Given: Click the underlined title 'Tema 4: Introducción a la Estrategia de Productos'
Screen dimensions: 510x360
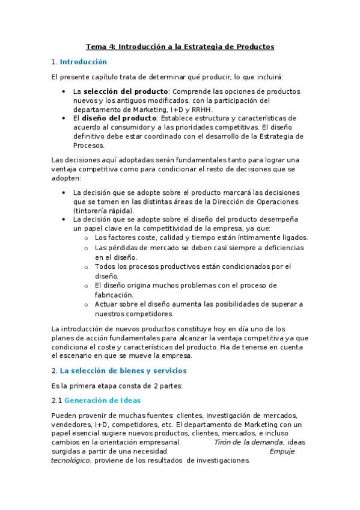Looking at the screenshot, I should pos(180,46).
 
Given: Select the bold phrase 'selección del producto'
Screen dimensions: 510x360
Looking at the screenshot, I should pos(125,91).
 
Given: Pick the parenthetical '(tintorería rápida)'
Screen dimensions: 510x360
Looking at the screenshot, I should pos(103,210).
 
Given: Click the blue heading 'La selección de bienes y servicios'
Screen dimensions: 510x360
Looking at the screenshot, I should pos(123,370).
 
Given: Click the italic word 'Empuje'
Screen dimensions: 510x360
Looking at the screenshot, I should pos(281,451).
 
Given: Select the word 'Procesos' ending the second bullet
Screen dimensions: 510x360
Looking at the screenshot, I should pos(89,145).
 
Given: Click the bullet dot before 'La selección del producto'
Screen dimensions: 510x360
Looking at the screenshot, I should pos(64,91).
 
